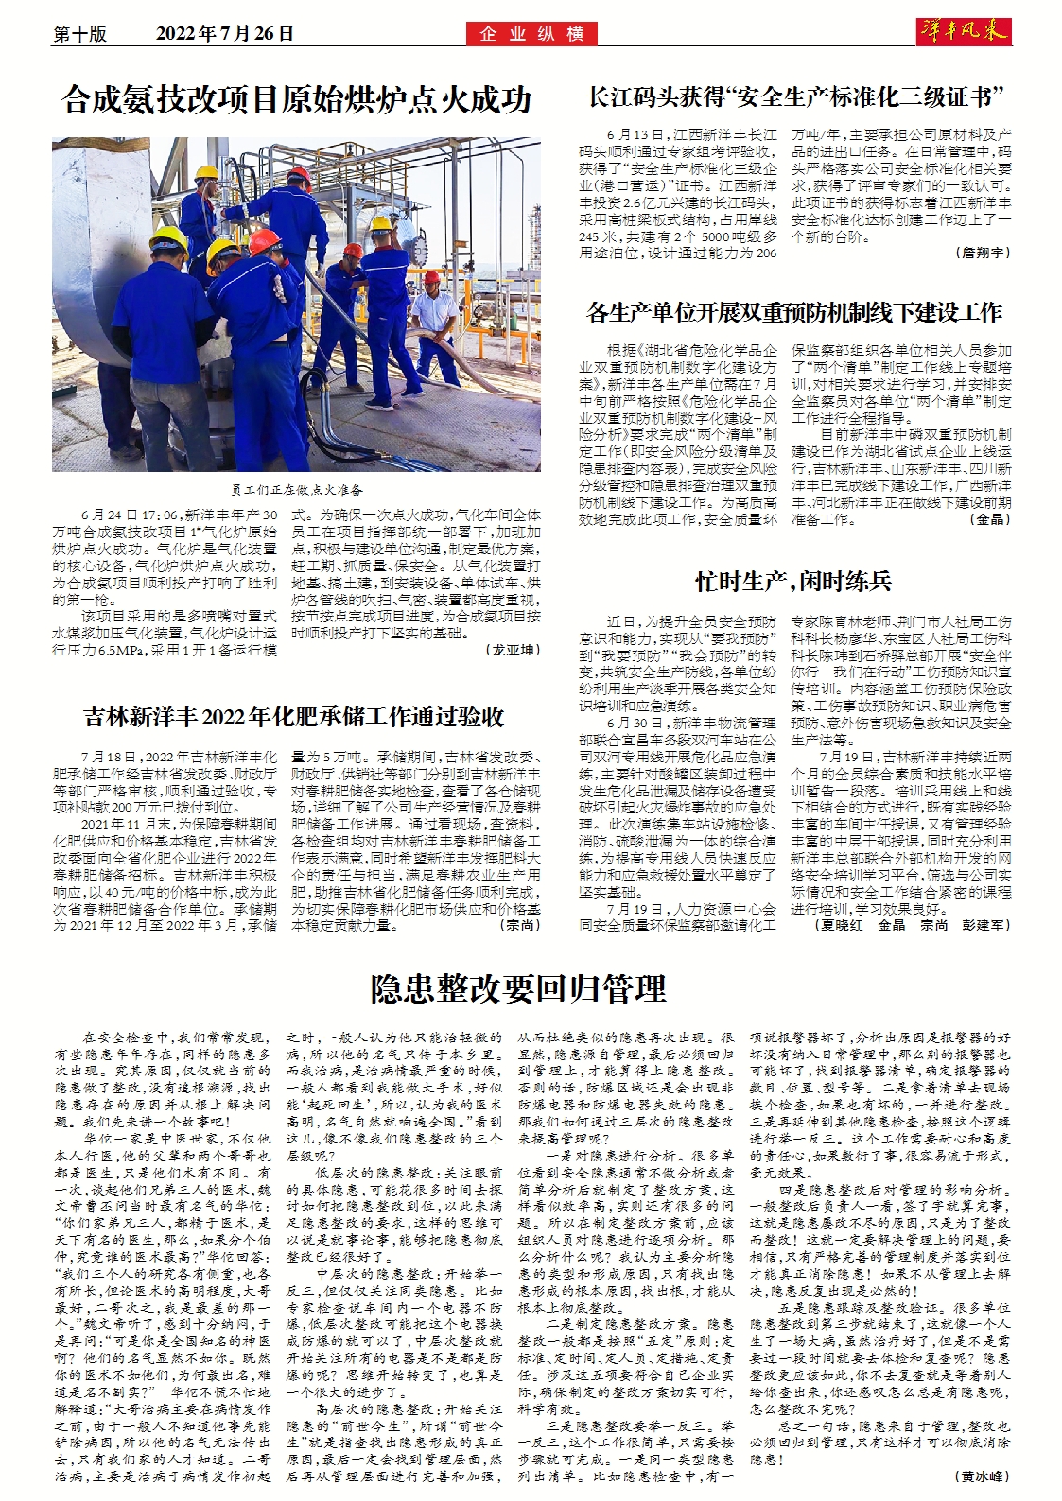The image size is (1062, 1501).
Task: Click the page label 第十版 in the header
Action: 80,34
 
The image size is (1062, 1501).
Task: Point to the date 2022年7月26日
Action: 225,34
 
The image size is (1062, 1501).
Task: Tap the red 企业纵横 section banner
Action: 531,34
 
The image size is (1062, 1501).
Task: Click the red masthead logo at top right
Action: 964,30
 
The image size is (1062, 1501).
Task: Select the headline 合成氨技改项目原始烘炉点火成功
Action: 296,99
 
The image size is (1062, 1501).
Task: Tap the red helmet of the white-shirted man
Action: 432,277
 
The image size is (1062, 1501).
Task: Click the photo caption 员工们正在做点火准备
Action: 297,490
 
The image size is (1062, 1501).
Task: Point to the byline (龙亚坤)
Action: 514,650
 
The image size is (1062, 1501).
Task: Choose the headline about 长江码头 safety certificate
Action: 794,96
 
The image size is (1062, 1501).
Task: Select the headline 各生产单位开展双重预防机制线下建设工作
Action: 794,312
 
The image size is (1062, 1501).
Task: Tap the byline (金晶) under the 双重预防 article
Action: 990,519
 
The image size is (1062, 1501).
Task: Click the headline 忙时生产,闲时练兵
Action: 792,581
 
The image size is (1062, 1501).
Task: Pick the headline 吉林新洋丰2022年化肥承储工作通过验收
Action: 294,717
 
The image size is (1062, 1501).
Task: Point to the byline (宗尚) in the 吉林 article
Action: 520,925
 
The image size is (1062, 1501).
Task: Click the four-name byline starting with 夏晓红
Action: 912,925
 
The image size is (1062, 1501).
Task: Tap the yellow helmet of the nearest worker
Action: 168,237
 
